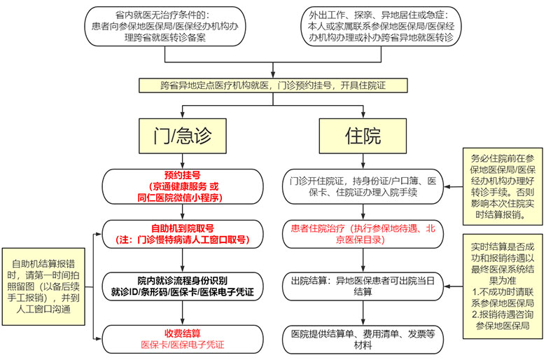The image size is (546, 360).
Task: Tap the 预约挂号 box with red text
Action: point(182,186)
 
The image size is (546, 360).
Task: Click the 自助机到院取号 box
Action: point(182,233)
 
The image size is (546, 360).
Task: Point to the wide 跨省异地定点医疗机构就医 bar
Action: point(273,85)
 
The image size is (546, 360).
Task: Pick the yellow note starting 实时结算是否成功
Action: point(501,286)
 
